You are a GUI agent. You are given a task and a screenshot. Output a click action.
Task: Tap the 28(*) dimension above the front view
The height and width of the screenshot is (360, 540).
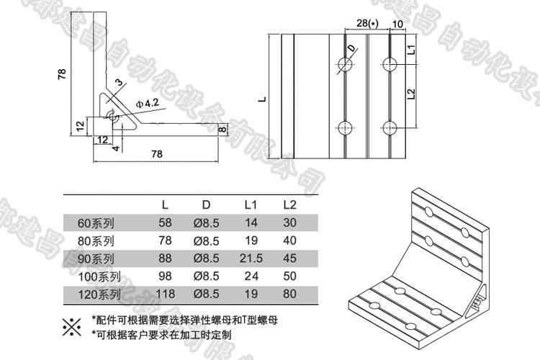(x=366, y=24)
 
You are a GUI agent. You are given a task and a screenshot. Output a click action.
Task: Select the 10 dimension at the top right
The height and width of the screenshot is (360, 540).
(x=397, y=24)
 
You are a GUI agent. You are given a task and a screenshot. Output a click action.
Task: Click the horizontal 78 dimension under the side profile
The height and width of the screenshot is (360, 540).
(x=156, y=153)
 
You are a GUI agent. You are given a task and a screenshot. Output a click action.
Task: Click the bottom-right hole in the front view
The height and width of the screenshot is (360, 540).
(x=390, y=128)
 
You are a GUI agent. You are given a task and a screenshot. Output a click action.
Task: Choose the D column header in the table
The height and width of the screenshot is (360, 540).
(x=205, y=204)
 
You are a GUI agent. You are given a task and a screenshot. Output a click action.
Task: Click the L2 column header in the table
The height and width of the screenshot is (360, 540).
(x=290, y=204)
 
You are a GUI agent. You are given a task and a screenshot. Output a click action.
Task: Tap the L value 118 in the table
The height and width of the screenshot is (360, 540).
(x=166, y=294)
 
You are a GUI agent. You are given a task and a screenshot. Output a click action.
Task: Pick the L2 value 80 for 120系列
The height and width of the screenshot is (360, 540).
(x=290, y=294)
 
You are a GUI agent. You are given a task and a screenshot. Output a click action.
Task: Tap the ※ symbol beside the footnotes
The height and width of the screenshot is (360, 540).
(x=71, y=326)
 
